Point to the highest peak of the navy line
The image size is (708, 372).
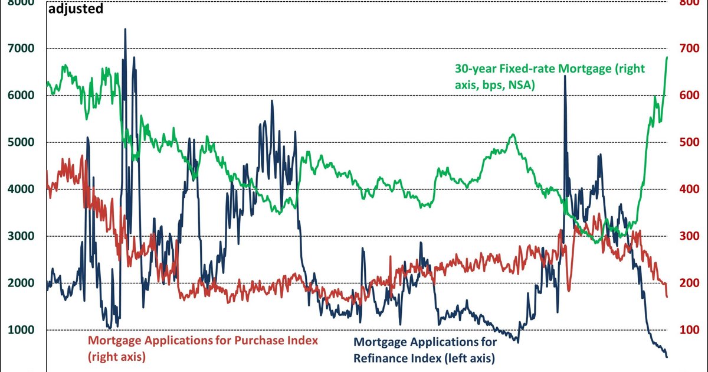coord(125,29)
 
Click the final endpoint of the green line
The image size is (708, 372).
coord(667,57)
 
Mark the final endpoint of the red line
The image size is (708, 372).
coord(667,296)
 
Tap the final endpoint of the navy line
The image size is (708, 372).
coord(667,357)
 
